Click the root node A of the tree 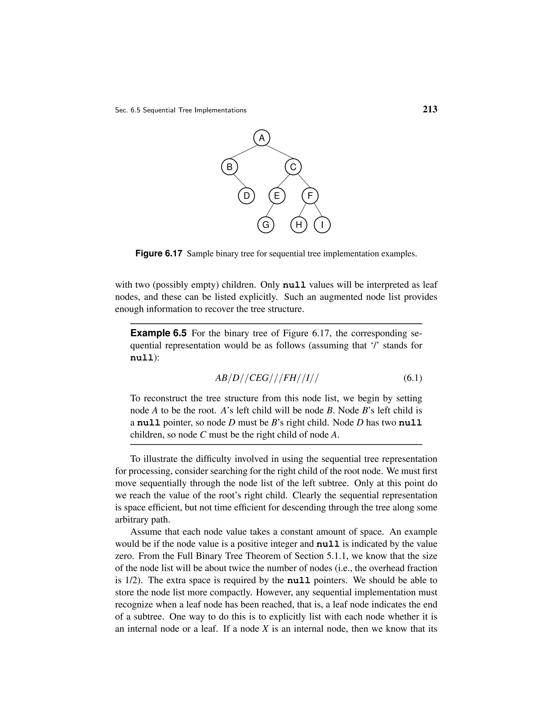point(262,138)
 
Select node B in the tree point(230,167)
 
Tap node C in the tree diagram point(293,167)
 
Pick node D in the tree point(246,196)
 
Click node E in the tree point(277,196)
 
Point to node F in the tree point(310,196)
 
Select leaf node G point(265,225)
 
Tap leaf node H point(299,225)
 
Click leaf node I point(322,225)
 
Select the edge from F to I point(318,210)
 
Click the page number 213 point(430,109)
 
